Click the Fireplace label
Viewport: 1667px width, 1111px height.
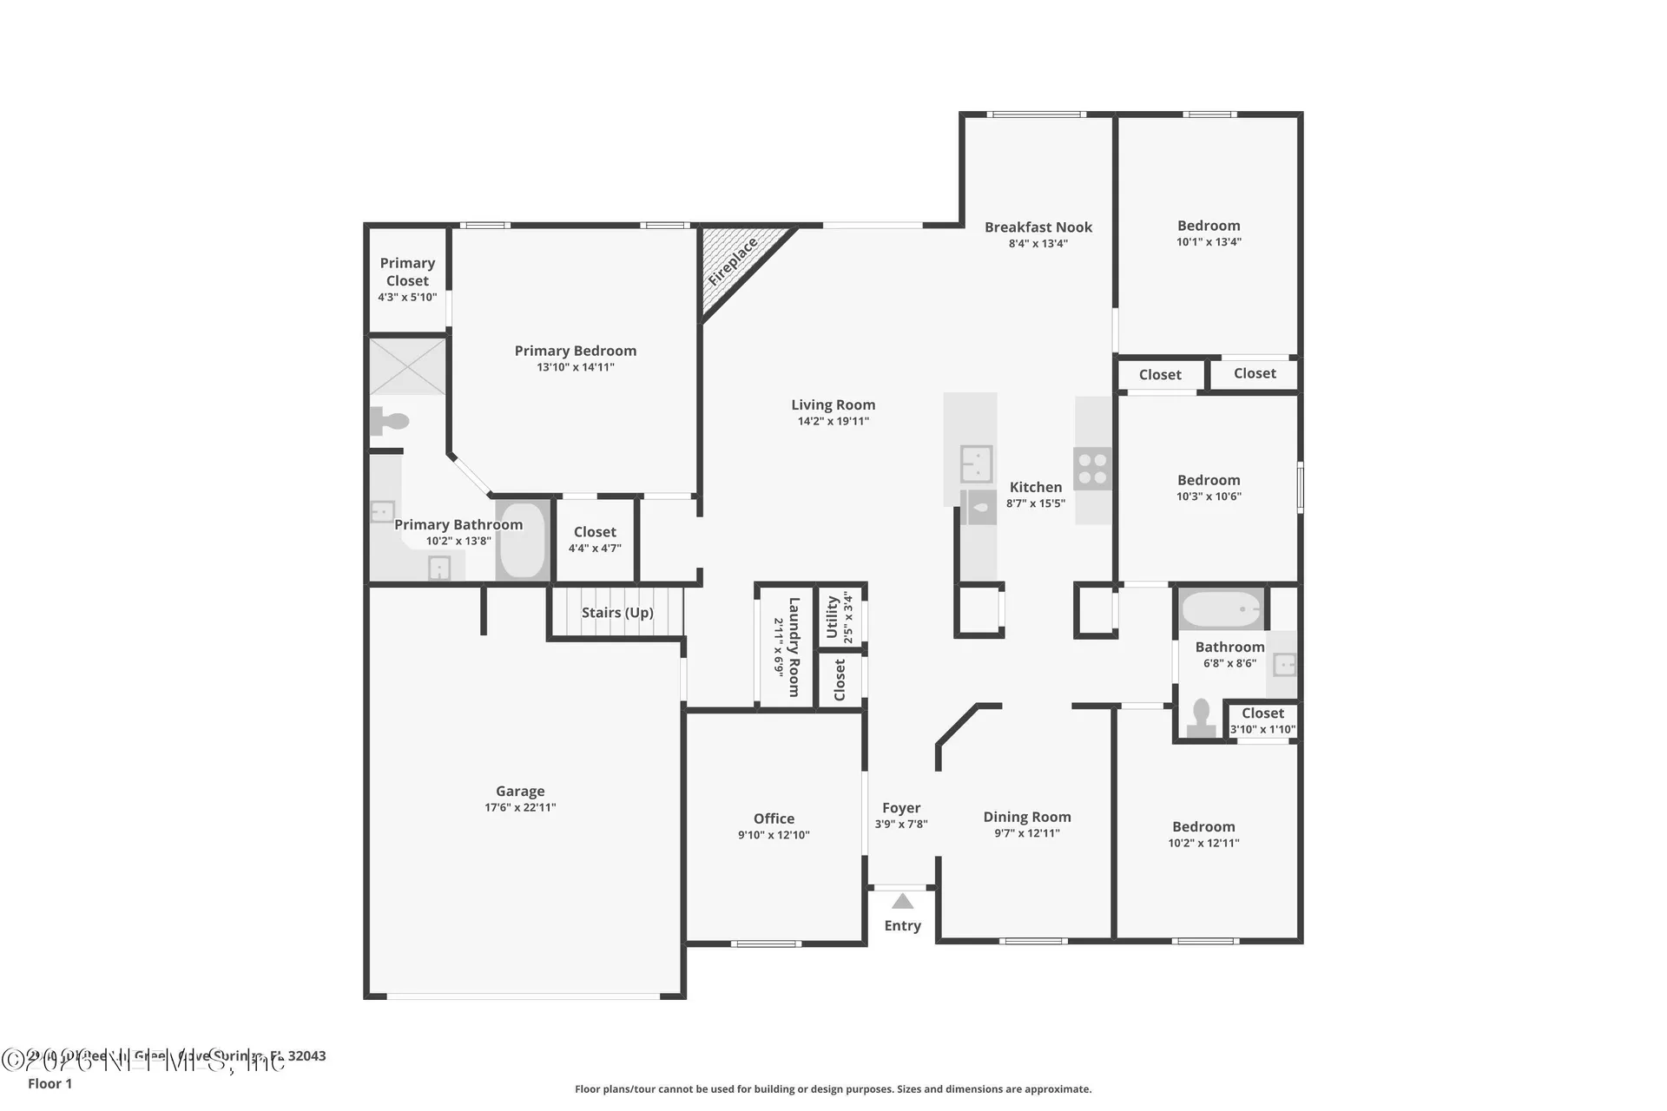(733, 261)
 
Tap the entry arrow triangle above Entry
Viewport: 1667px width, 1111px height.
(903, 902)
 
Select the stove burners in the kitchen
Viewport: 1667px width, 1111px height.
(1092, 469)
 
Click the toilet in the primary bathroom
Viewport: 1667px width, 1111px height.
(390, 421)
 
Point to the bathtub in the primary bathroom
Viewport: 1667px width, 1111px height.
(522, 540)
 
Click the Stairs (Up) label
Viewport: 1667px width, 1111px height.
(617, 613)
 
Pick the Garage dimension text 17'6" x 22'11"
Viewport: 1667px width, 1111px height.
(520, 808)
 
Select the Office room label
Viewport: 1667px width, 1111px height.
(774, 818)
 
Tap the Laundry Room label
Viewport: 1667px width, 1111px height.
(794, 647)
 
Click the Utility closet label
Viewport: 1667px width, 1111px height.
(833, 616)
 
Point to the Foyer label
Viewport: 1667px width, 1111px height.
(901, 808)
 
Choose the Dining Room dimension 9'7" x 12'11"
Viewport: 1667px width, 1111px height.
(1027, 833)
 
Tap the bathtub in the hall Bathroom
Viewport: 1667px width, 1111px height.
(1221, 609)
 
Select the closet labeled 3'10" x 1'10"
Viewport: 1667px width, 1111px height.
(1262, 720)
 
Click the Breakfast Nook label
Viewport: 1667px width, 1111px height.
(1038, 227)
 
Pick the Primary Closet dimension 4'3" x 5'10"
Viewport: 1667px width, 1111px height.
(407, 297)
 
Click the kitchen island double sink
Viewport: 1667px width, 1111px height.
(976, 464)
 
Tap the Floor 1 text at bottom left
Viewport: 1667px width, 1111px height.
(50, 1083)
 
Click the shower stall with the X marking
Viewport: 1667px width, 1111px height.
(407, 367)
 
